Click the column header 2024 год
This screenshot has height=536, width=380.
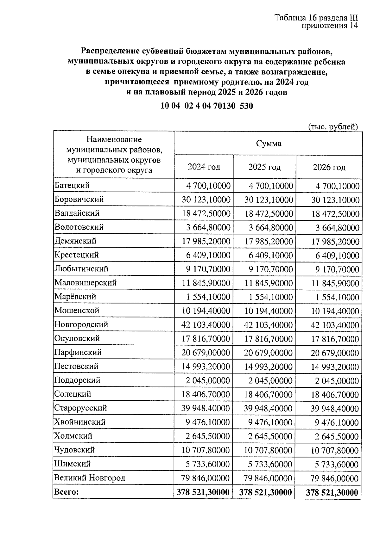pyautogui.click(x=204, y=167)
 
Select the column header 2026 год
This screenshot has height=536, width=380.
pyautogui.click(x=329, y=167)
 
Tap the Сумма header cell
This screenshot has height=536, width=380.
pyautogui.click(x=269, y=144)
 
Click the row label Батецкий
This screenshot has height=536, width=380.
pyautogui.click(x=72, y=185)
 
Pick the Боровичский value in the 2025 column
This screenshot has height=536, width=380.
pyautogui.click(x=269, y=200)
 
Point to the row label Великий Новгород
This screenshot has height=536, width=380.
pyautogui.click(x=90, y=477)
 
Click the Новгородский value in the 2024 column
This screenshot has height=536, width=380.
pyautogui.click(x=206, y=325)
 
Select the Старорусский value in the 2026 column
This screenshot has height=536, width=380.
pyautogui.click(x=334, y=409)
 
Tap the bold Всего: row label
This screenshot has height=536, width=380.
pyautogui.click(x=66, y=492)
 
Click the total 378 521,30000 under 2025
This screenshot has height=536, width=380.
pyautogui.click(x=265, y=492)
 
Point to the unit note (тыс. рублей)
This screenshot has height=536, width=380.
pyautogui.click(x=333, y=127)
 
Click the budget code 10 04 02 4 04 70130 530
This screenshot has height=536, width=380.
pyautogui.click(x=206, y=106)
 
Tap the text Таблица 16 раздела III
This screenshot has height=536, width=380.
pyautogui.click(x=316, y=18)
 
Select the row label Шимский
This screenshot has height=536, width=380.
pyautogui.click(x=73, y=464)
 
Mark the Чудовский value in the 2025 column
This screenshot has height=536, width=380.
pyautogui.click(x=268, y=450)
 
